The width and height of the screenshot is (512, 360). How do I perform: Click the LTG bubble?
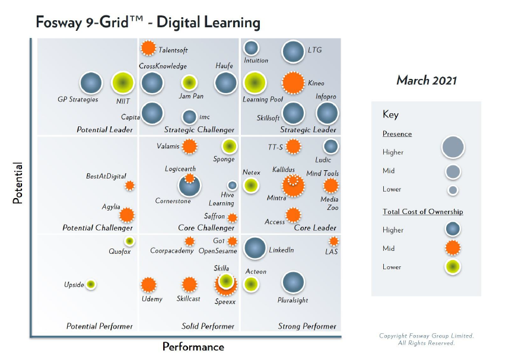point(293,52)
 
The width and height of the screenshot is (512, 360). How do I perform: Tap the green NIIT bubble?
point(123,83)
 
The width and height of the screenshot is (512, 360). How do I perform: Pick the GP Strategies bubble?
point(91,84)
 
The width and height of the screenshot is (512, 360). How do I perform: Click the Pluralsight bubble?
point(293,283)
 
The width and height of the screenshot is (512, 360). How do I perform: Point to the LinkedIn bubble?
point(255,249)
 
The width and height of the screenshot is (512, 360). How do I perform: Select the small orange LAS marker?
point(334,241)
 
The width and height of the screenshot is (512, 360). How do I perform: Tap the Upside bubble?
point(91,285)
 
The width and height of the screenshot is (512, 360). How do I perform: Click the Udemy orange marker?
point(148,285)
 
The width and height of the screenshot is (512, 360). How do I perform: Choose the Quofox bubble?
point(129,241)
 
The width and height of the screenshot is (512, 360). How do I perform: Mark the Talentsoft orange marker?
point(148,48)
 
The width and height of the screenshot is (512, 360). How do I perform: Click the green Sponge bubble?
point(229,146)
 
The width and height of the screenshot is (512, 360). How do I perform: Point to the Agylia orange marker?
point(126,215)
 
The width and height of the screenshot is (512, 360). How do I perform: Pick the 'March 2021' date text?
point(427,81)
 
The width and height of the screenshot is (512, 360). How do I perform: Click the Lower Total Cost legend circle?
point(452,267)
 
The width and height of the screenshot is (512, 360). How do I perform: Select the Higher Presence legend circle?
point(453,146)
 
